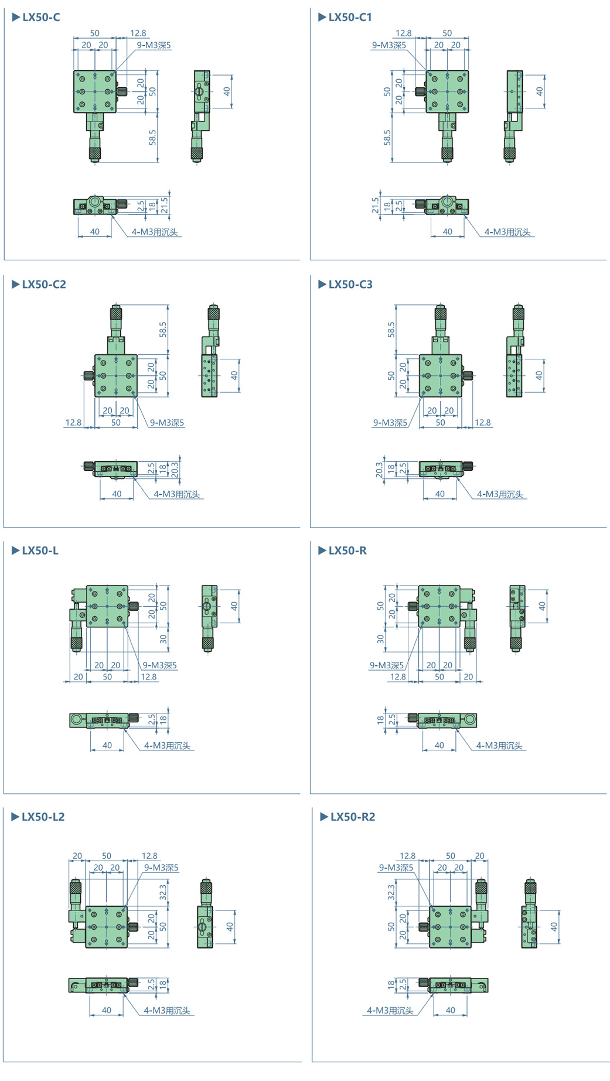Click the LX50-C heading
41,17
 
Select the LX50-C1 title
350,17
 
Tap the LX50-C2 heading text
44,284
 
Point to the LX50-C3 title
350,284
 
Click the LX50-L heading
40,550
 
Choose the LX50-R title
347,550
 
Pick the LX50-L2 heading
43,817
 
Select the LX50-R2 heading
353,817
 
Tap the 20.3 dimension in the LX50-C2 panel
175,470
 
